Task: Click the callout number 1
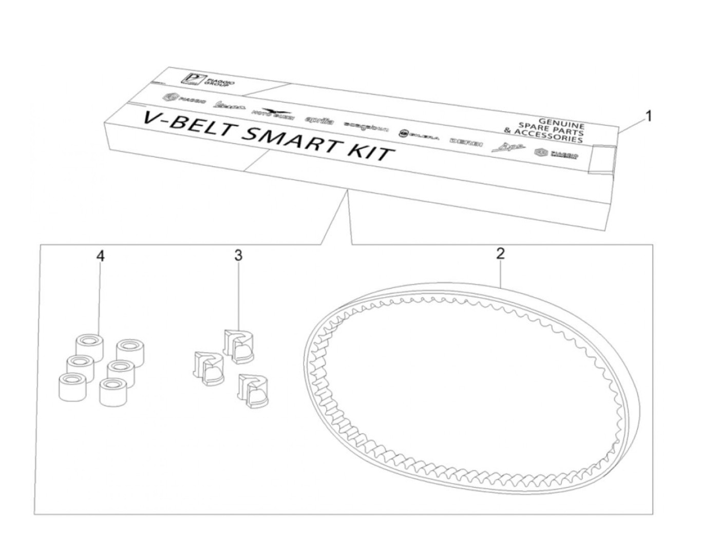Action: point(648,117)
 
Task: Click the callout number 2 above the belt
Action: point(500,253)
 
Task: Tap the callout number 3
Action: point(238,256)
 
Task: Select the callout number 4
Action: point(101,256)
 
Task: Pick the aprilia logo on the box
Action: point(320,121)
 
